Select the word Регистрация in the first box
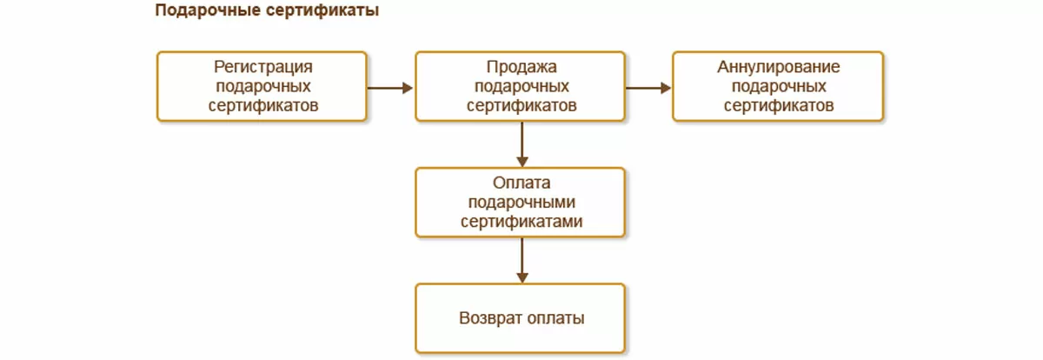(x=262, y=68)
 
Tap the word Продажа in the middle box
(x=521, y=68)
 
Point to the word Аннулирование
(x=778, y=68)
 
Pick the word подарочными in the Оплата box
(x=521, y=202)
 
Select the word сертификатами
(x=521, y=221)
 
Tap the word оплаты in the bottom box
(x=556, y=317)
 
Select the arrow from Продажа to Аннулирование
(x=648, y=87)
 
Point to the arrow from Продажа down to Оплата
(x=521, y=143)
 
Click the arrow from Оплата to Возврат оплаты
(x=521, y=259)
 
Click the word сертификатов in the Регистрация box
(x=262, y=105)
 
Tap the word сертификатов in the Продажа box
(x=521, y=105)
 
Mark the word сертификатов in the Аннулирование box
(x=778, y=105)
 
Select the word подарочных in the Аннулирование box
(x=778, y=87)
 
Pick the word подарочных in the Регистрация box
(x=262, y=87)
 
